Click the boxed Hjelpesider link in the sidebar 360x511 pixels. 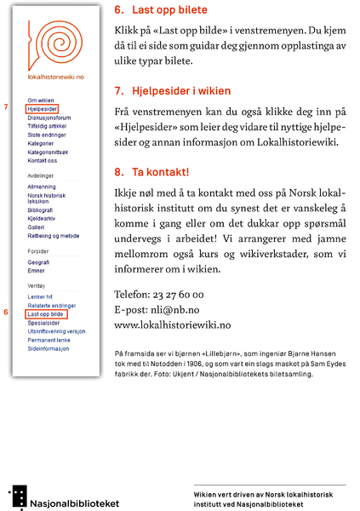(42, 109)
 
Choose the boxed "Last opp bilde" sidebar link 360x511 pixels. (45, 314)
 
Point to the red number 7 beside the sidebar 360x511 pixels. (7, 107)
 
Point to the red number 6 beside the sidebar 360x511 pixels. (7, 313)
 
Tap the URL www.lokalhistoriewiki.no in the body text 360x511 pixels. (172, 324)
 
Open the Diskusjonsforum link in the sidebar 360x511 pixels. (49, 118)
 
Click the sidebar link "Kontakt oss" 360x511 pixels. (43, 161)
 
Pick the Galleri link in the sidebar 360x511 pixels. (36, 227)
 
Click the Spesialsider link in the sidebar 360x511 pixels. (43, 323)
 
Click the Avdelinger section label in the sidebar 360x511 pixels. (42, 175)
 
